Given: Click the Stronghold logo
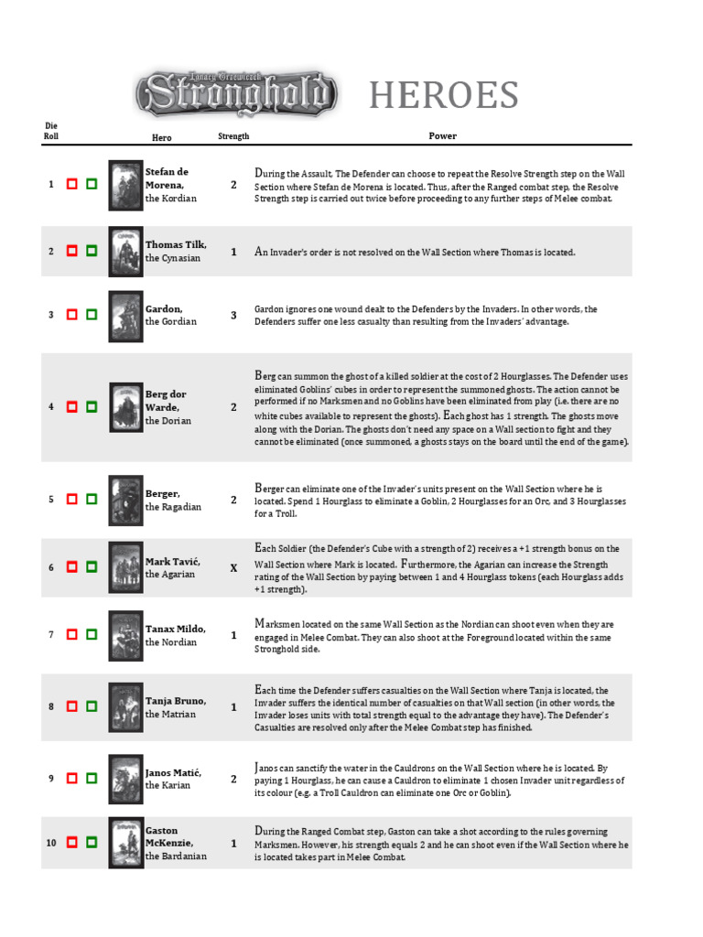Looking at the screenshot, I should tap(236, 93).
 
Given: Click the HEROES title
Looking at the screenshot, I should tap(444, 95).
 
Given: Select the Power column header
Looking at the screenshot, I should tap(442, 136).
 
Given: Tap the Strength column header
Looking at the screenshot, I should tap(233, 136).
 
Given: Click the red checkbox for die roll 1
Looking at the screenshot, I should tap(71, 184).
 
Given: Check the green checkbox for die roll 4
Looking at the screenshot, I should tap(92, 407).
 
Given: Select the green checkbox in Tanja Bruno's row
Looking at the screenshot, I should tap(92, 706).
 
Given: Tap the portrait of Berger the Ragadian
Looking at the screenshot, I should tap(125, 500).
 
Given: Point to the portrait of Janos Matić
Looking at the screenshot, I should tap(125, 779).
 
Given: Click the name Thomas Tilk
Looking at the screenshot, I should tap(176, 244).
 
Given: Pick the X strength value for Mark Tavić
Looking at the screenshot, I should tap(233, 567).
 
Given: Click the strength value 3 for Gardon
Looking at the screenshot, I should tap(233, 315).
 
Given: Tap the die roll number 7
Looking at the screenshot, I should tap(51, 634).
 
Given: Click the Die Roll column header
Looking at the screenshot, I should tap(51, 130).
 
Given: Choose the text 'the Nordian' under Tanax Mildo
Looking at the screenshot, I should tap(171, 642).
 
